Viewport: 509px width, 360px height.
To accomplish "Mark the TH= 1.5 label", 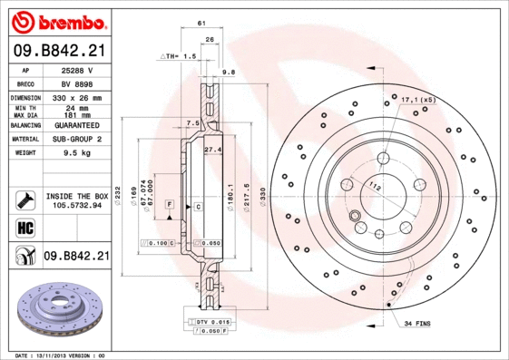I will point(178,56).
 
